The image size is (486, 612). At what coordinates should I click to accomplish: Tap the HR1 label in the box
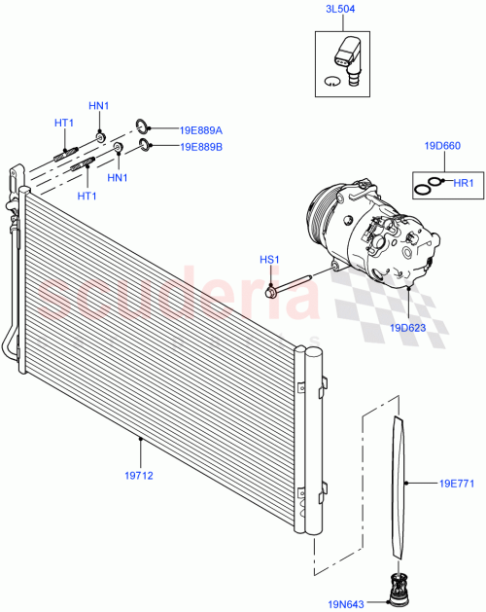pyautogui.click(x=463, y=182)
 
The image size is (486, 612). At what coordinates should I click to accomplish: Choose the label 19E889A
pyautogui.click(x=201, y=129)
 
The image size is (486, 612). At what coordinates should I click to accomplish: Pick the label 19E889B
pyautogui.click(x=201, y=147)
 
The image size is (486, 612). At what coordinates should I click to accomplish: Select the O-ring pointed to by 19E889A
pyautogui.click(x=143, y=125)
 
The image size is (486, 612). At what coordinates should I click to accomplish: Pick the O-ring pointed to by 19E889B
pyautogui.click(x=145, y=146)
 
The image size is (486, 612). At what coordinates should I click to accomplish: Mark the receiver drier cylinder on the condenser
pyautogui.click(x=312, y=438)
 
